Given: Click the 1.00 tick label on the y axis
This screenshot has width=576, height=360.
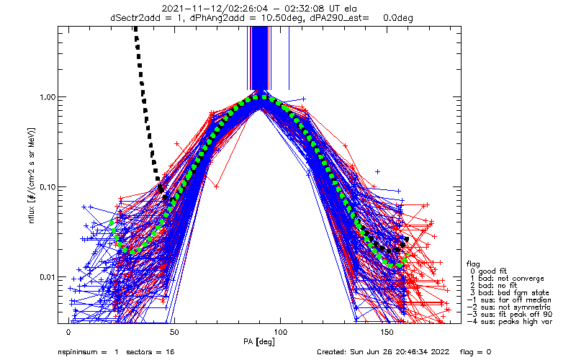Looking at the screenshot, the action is pyautogui.click(x=48, y=97).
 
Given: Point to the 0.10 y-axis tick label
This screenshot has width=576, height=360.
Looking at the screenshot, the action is pyautogui.click(x=48, y=187).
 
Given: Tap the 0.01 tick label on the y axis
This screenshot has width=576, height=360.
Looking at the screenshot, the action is pyautogui.click(x=48, y=277).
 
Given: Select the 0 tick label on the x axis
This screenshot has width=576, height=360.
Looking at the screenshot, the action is pyautogui.click(x=68, y=332).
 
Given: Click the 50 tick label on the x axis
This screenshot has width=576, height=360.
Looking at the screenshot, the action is pyautogui.click(x=174, y=332).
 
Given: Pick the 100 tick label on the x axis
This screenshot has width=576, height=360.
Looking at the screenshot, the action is pyautogui.click(x=281, y=332).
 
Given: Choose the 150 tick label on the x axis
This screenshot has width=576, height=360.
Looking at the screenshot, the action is pyautogui.click(x=387, y=332).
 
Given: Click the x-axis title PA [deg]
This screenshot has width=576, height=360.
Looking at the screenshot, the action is pyautogui.click(x=259, y=342).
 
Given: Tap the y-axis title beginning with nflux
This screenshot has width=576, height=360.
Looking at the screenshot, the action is pyautogui.click(x=32, y=176).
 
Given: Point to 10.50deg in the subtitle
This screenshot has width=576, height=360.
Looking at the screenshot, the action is pyautogui.click(x=283, y=17).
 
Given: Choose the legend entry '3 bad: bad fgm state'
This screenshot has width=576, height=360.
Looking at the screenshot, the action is pyautogui.click(x=510, y=293).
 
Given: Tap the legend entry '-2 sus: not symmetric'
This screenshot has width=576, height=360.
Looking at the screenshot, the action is pyautogui.click(x=509, y=307).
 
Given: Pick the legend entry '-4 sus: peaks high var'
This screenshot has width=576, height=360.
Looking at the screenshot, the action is pyautogui.click(x=510, y=321).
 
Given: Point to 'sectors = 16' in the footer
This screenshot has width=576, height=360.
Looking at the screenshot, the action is pyautogui.click(x=150, y=352).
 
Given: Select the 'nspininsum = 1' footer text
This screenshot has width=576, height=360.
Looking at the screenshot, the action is pyautogui.click(x=88, y=352).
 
